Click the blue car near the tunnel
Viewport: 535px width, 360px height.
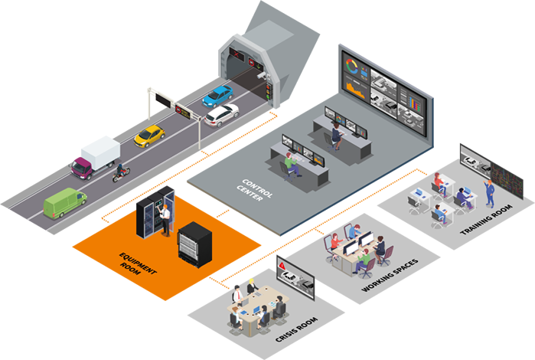click(217, 96)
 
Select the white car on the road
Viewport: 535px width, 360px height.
click(221, 115)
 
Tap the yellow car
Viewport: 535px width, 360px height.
click(149, 136)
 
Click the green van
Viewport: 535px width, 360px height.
click(65, 203)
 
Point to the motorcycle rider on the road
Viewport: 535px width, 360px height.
click(121, 172)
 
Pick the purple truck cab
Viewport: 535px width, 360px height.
click(83, 166)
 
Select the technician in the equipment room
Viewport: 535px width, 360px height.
click(164, 221)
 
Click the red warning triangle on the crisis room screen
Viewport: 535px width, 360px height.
click(283, 265)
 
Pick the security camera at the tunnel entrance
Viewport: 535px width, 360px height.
click(261, 77)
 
